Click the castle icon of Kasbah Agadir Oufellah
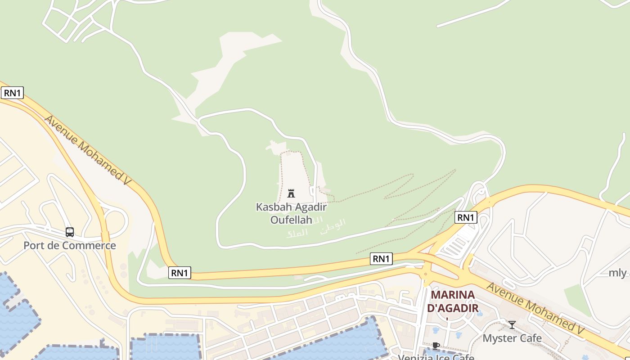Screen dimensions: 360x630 point(291,193)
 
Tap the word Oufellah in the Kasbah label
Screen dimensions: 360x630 point(291,220)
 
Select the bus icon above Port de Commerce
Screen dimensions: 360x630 point(70,232)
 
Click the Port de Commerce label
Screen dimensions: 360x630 point(70,246)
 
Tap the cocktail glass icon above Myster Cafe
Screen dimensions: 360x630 point(512,324)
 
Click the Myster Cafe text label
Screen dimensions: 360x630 point(512,338)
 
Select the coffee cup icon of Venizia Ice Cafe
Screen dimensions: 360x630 point(436,346)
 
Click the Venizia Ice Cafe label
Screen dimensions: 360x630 point(436,357)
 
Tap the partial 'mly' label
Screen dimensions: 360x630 point(617,273)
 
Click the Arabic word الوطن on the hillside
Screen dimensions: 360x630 point(333,225)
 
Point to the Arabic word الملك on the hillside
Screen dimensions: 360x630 point(297,233)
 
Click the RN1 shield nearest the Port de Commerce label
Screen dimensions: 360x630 point(180,272)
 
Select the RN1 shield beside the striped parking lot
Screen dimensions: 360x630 point(465,217)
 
